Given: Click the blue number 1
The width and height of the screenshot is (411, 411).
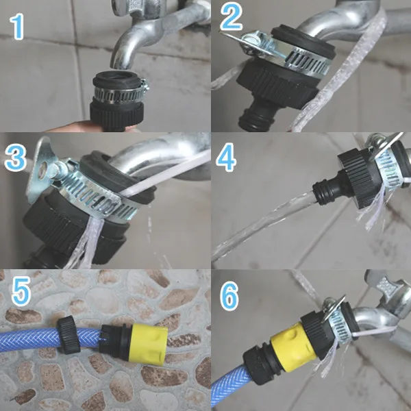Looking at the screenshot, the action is click(16, 27).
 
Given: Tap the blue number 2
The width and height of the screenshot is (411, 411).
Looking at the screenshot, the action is click(231, 16).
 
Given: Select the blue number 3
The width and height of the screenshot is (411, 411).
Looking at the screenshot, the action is click(15, 158).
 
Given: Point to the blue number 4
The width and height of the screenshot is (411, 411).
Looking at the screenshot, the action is click(226, 158).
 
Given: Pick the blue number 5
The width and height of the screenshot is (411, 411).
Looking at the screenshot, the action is click(21, 292).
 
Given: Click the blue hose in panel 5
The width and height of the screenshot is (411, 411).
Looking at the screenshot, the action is click(32, 340).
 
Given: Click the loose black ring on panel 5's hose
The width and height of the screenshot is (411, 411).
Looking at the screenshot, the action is click(68, 335).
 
